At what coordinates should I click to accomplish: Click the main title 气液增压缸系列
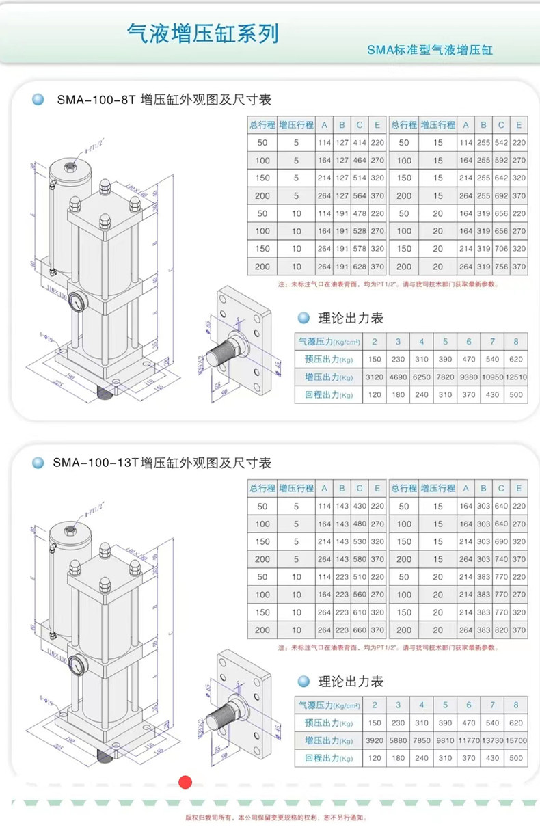(203, 32)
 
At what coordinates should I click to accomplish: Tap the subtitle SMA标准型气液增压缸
(429, 50)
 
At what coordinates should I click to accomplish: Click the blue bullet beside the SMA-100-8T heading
(38, 100)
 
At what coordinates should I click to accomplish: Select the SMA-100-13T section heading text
(162, 463)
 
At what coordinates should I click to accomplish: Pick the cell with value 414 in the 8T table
(360, 143)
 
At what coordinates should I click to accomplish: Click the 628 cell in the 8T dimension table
(360, 267)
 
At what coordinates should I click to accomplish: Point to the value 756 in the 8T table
(501, 267)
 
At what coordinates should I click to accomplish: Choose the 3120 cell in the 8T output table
(374, 377)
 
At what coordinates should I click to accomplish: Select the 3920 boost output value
(374, 740)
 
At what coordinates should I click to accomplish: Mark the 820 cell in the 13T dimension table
(501, 630)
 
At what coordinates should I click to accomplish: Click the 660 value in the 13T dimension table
(360, 630)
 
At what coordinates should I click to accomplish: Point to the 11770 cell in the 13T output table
(468, 740)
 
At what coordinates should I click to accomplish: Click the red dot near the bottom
(185, 783)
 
